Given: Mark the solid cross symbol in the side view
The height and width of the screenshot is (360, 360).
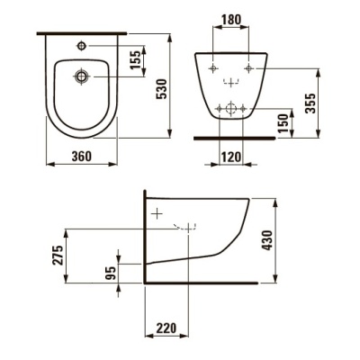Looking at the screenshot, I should pos(157,215).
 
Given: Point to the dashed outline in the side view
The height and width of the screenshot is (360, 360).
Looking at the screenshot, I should pos(188,228).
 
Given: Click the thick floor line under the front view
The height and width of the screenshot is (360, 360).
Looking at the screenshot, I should pos(233,139).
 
